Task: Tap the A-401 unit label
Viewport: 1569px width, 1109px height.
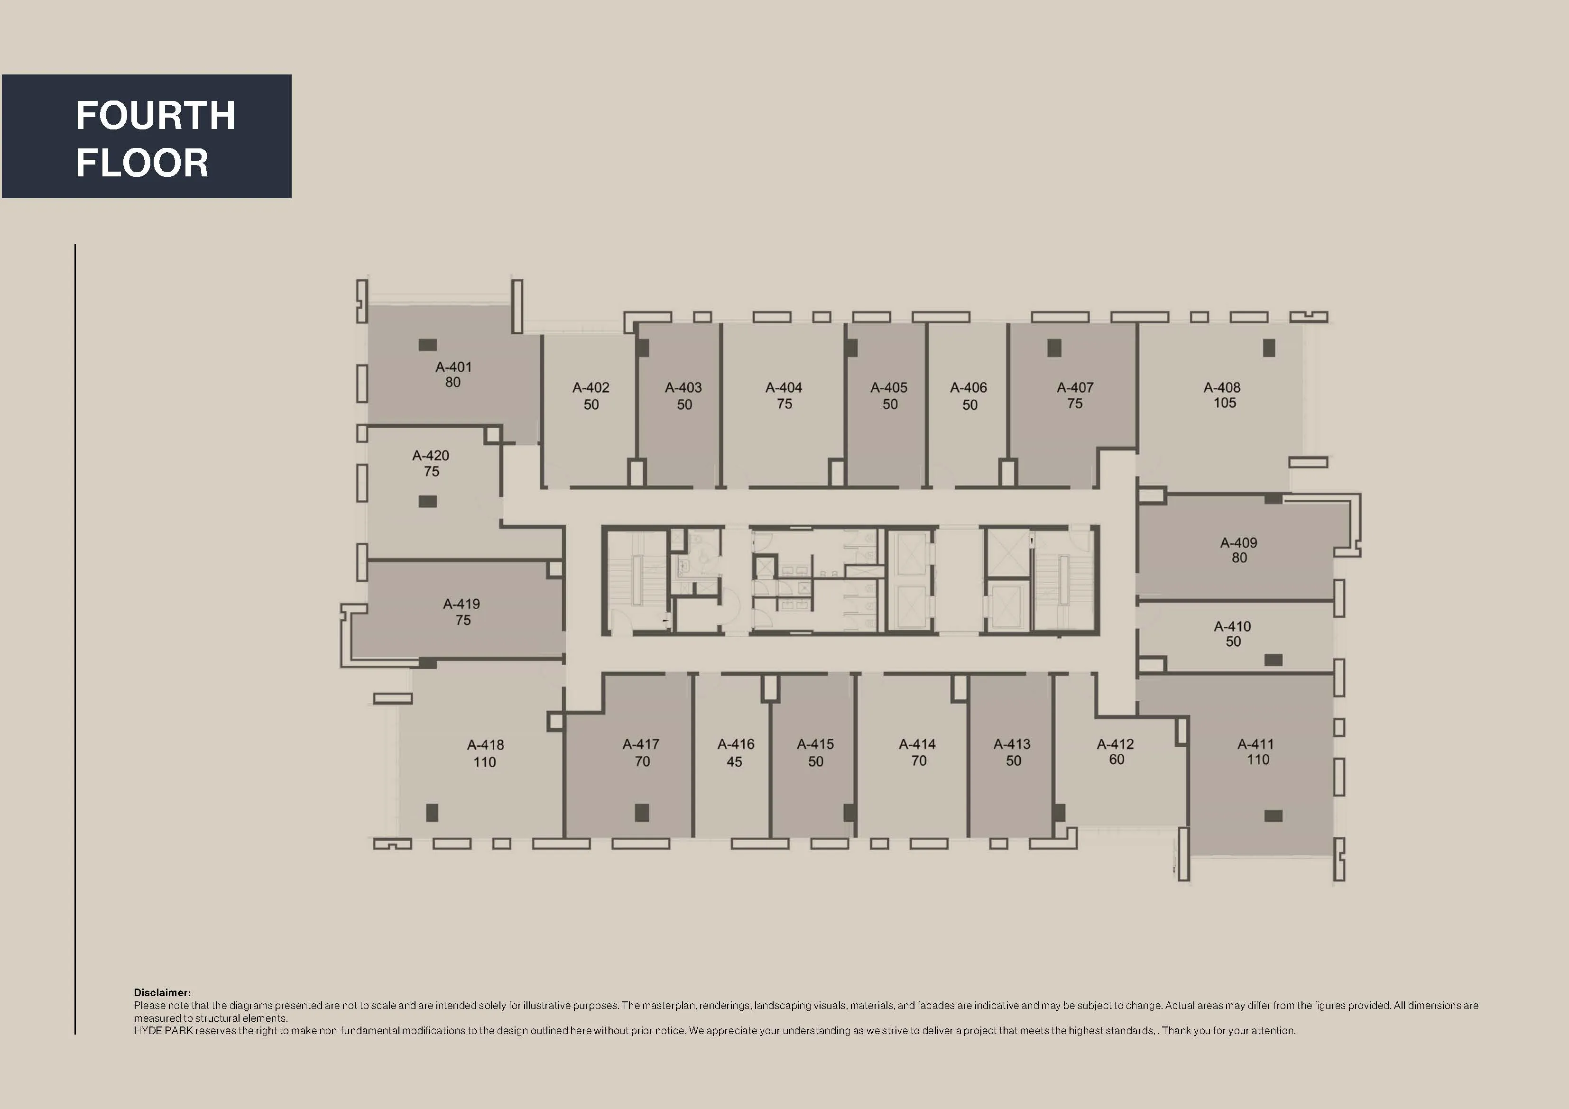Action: pos(453,367)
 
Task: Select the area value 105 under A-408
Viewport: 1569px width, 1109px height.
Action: pos(1225,403)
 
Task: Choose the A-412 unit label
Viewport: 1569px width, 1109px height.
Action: pos(1115,744)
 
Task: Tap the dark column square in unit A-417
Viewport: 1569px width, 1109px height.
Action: pos(642,813)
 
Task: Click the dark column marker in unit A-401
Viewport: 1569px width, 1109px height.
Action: pos(428,345)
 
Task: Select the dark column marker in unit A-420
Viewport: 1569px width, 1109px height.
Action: pos(428,502)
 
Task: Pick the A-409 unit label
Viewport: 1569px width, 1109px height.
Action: pos(1238,542)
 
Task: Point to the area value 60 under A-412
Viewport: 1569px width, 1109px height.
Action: pos(1116,760)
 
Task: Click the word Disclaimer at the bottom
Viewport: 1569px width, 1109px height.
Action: pos(162,992)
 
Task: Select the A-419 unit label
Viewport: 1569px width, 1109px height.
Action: pos(461,604)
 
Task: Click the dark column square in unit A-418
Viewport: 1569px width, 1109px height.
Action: pos(432,813)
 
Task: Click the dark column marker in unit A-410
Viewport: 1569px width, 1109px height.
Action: pos(1273,660)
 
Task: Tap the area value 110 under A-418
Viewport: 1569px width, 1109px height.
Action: pos(485,762)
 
